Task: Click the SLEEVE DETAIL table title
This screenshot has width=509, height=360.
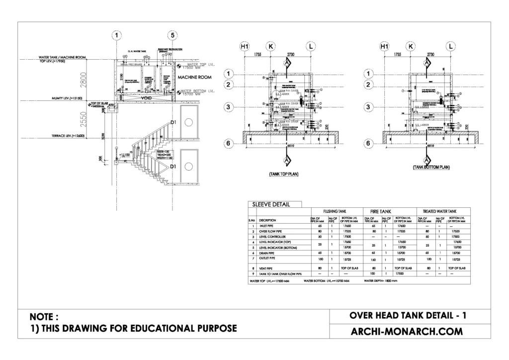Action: (271, 204)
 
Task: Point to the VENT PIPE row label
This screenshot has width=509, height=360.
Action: (266, 269)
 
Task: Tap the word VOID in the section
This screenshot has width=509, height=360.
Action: (146, 98)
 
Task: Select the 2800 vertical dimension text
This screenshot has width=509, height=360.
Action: (84, 79)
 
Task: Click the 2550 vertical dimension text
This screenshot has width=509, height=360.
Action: (84, 118)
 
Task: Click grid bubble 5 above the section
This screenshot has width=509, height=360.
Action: (172, 35)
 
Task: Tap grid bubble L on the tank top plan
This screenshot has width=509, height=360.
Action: (311, 47)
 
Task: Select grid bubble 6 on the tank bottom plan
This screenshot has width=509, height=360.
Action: (368, 144)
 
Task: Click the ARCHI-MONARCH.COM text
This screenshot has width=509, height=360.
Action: (407, 331)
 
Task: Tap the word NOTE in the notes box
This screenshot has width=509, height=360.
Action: (44, 316)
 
